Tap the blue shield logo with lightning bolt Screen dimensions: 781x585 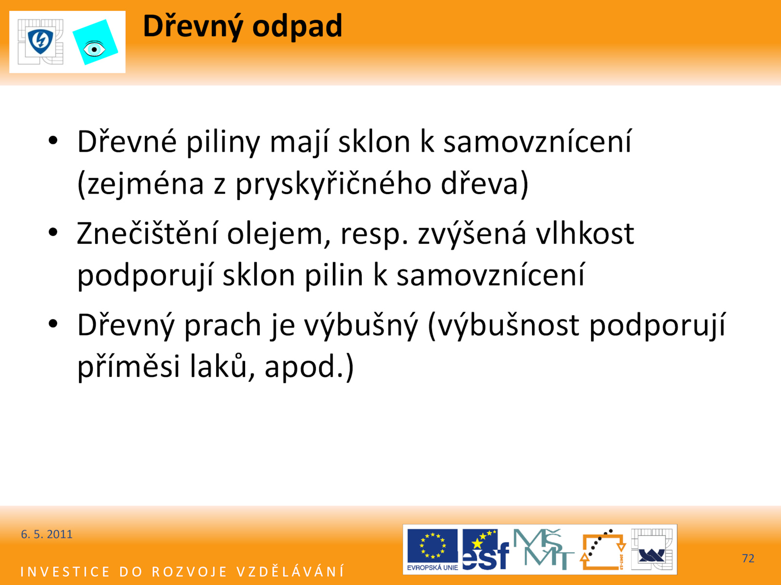[x=41, y=41]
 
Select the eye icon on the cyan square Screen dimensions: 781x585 [x=94, y=49]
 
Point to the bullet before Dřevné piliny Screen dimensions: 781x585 [x=53, y=140]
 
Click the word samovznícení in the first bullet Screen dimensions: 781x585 [x=537, y=142]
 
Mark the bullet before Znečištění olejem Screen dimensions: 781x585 [x=53, y=233]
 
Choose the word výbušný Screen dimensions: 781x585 [x=361, y=325]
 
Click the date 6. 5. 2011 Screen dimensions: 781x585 [x=46, y=535]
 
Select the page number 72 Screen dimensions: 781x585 [x=748, y=558]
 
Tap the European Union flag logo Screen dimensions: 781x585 [x=432, y=549]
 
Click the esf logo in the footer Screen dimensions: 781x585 [x=485, y=549]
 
